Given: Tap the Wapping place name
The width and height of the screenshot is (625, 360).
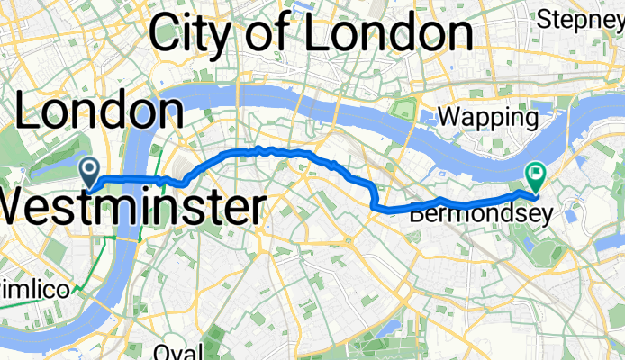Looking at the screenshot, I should point(487,116).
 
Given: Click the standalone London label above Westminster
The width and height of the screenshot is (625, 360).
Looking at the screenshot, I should point(99,112).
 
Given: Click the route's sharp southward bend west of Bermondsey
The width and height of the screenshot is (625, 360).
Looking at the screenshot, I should point(373,206).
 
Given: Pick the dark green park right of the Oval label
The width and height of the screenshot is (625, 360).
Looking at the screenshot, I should point(213,346).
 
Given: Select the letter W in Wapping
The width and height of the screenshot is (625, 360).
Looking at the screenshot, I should point(447,116).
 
